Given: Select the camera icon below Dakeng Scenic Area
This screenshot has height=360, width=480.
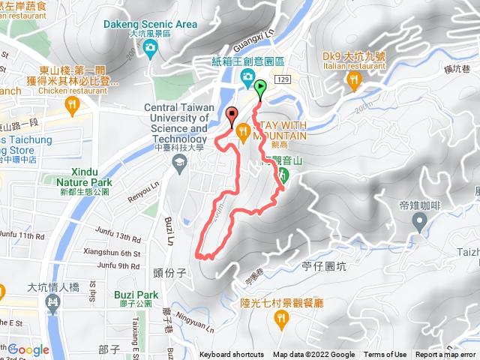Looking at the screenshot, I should [150, 49].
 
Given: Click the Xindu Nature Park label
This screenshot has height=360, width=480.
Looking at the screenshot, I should [84, 176].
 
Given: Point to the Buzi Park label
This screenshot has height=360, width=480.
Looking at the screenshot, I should [136, 295].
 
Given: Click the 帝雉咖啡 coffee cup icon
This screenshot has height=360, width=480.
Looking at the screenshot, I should [419, 221].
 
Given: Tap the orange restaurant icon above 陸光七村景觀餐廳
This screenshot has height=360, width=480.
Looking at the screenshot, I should [281, 320].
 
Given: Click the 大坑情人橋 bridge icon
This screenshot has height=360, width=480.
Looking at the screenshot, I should [52, 304].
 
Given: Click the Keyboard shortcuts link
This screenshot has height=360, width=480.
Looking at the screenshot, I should [232, 355].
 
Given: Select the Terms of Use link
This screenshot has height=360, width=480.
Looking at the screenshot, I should [385, 355].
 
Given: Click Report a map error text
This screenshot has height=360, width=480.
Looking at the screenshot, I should [446, 355].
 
